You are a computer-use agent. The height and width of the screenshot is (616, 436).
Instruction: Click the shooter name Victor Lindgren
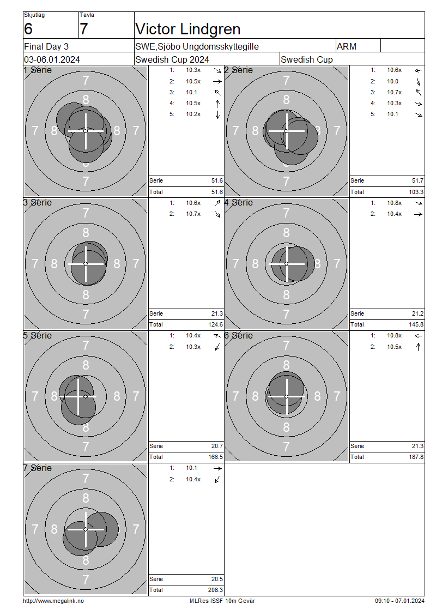click(188, 29)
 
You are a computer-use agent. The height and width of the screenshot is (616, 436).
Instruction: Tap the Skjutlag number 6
click(28, 29)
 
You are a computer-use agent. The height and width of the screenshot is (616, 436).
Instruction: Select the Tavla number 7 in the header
click(84, 29)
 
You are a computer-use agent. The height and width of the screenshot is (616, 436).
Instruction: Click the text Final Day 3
click(46, 47)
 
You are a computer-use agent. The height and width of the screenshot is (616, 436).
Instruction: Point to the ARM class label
click(347, 47)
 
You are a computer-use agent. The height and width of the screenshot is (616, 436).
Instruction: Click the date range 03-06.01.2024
click(52, 60)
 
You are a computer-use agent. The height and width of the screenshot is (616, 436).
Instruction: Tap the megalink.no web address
click(53, 601)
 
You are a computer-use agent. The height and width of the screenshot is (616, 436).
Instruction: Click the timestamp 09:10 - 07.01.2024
click(399, 601)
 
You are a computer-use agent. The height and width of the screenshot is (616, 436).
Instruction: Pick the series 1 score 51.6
click(217, 181)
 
